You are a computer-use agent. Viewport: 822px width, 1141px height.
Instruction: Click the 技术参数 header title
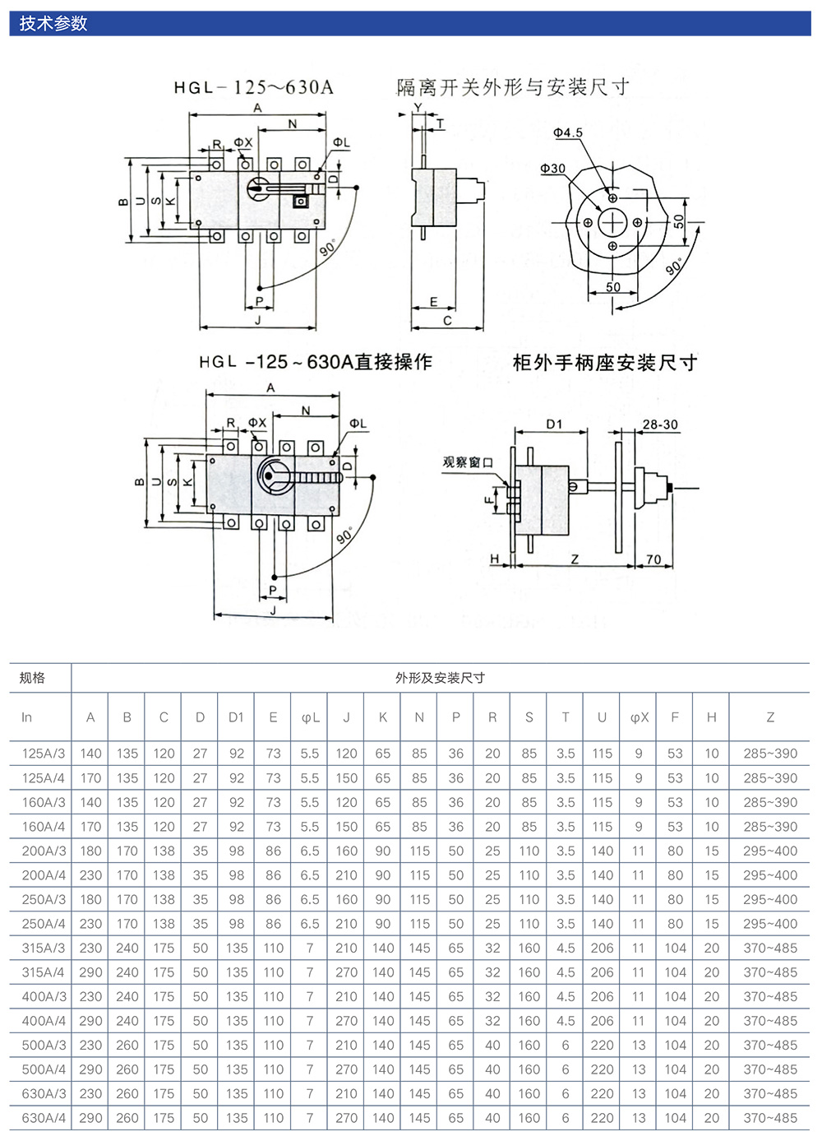tap(53, 23)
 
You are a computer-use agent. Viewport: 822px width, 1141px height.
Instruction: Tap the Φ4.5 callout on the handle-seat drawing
tap(567, 132)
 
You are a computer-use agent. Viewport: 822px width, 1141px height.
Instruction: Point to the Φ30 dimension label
tap(552, 169)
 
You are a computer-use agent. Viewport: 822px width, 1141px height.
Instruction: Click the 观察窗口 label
tap(468, 462)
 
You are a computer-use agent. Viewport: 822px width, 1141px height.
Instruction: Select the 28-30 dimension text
tap(660, 424)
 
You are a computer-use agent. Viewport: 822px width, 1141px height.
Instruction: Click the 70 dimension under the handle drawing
tap(653, 559)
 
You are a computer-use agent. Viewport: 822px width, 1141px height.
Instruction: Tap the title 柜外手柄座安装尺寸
tap(605, 363)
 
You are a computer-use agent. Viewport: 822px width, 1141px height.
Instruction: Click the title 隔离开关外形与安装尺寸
tap(513, 87)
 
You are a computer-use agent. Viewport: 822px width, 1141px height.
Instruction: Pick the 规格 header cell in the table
tap(32, 678)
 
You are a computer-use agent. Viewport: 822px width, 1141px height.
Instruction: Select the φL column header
tap(310, 717)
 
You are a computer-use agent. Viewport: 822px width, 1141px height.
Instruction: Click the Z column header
tap(770, 717)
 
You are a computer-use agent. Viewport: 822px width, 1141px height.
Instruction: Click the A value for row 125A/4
tap(90, 777)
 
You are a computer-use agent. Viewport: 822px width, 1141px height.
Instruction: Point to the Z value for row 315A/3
tap(770, 948)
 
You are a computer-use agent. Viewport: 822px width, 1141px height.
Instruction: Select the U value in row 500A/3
tap(602, 1045)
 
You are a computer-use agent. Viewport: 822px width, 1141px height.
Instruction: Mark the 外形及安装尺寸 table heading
tap(440, 678)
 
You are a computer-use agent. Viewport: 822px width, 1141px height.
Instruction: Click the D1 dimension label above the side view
tap(555, 424)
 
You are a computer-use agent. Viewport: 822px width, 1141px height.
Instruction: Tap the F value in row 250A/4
tap(675, 924)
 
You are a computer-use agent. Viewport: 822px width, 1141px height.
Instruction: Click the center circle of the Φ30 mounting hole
tap(612, 222)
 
